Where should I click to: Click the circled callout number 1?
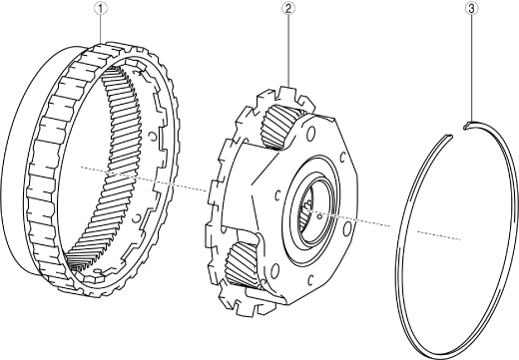point(100,9)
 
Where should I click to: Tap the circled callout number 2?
point(288,9)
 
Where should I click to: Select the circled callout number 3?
point(471,9)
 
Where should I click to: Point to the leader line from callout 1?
point(100,29)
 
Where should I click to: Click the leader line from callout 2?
point(288,51)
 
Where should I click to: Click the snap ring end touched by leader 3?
point(467,125)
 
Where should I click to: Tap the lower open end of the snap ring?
point(448,136)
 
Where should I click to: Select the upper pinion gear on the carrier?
point(277,127)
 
